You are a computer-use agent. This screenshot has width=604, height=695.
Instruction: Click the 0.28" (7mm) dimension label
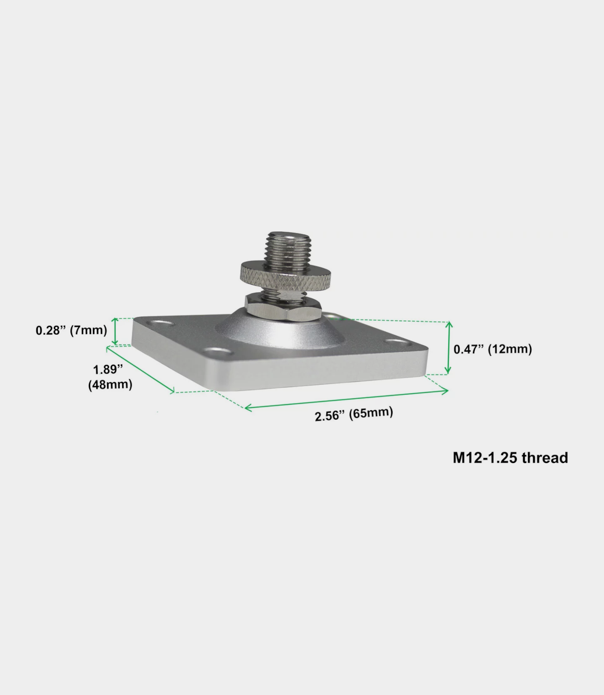pos(71,330)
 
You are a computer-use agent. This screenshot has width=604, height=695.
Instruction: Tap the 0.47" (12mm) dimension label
pos(493,349)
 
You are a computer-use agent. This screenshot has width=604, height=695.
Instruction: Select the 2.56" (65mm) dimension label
pos(354,414)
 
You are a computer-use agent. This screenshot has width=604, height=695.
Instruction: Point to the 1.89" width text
pos(108,369)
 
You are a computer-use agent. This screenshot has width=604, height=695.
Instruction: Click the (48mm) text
pos(110,385)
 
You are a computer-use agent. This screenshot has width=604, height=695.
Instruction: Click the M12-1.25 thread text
pos(510,458)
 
